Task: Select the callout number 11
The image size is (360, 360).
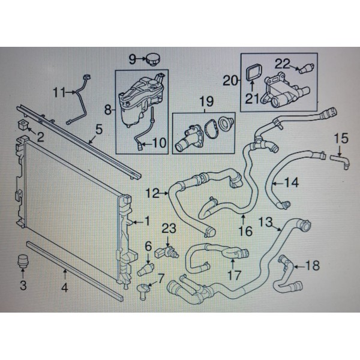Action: point(58,92)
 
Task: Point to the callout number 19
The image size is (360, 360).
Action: point(206,102)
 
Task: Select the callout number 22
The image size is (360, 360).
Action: point(283,62)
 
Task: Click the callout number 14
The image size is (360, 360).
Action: point(291,182)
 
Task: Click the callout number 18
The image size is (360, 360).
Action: point(313,265)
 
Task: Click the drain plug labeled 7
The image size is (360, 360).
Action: point(144,290)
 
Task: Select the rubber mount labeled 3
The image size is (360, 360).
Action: point(23,261)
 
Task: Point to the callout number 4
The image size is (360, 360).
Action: point(65,287)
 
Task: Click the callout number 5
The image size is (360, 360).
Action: point(99,128)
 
